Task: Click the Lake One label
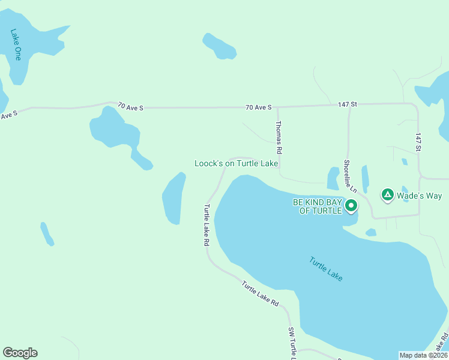(16, 45)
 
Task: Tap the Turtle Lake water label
(326, 269)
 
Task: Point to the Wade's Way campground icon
(388, 195)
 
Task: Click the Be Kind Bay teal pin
(351, 206)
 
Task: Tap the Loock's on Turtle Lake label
(236, 163)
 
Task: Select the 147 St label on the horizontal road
(347, 104)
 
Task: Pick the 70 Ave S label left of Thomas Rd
(259, 107)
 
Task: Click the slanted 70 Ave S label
(130, 106)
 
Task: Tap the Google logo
(20, 353)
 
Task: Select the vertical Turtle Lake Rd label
(206, 226)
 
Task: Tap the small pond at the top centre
(219, 46)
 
